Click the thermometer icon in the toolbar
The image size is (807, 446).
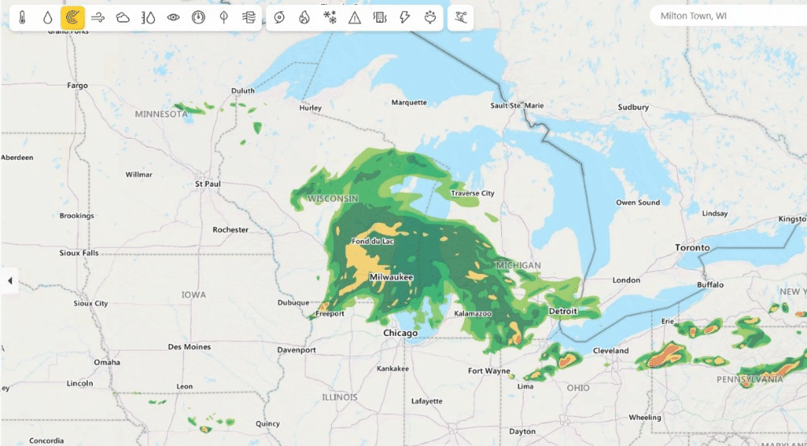pos(23,17)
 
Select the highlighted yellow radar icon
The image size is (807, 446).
pos(73,17)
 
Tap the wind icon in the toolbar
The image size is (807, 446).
pos(98,17)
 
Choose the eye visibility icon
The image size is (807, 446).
pos(174,17)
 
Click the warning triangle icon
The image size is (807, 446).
pos(354,17)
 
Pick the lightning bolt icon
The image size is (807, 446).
pos(405,17)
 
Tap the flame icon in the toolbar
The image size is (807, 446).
pos(304,17)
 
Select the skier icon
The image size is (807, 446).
pos(460,17)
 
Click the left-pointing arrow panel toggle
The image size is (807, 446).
pos(10,280)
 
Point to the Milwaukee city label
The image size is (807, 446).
pos(391,277)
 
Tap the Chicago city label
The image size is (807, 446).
pos(400,333)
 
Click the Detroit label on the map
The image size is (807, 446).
pos(563,311)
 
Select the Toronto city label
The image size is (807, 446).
pos(692,247)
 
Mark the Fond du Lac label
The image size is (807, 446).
pos(373,242)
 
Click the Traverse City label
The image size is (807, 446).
pos(472,193)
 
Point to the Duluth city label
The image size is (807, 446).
pos(242,90)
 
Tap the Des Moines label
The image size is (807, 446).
pos(189,347)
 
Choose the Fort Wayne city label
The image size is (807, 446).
pos(489,371)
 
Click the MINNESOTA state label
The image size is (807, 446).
pos(161,114)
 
